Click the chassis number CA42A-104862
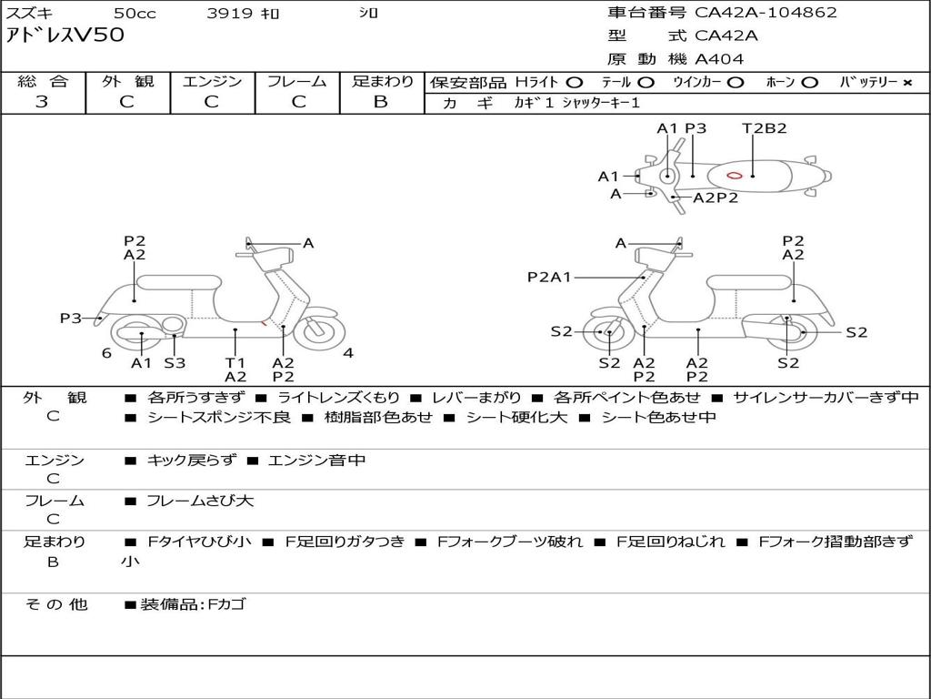tap(766, 13)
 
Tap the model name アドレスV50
tap(65, 36)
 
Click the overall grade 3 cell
tap(42, 102)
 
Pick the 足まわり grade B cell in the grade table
tap(381, 102)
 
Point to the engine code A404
tap(719, 59)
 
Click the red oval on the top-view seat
tap(735, 175)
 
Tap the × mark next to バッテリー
tap(906, 82)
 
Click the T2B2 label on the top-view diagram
tap(764, 128)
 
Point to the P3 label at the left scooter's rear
tap(71, 318)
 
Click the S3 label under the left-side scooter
tap(175, 362)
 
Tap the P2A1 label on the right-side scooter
tap(549, 277)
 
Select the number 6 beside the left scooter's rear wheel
tap(106, 353)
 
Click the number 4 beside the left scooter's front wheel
tap(348, 353)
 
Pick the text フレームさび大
tap(200, 501)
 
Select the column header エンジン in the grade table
tap(212, 81)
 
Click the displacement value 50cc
tap(134, 14)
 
